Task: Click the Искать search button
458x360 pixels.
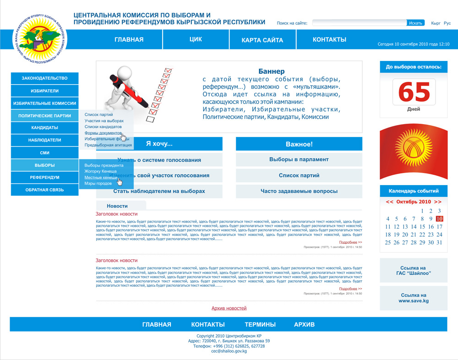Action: click(x=415, y=23)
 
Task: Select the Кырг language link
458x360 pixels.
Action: click(x=436, y=23)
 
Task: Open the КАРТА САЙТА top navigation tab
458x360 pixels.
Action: click(x=262, y=40)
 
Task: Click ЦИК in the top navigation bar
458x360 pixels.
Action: click(x=196, y=39)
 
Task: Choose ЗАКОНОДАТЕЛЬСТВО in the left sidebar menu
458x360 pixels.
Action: click(x=44, y=78)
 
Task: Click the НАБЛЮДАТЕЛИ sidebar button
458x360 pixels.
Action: click(x=44, y=140)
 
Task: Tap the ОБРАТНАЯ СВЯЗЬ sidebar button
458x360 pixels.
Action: click(x=44, y=190)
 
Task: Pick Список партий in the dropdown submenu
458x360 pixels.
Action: click(x=98, y=115)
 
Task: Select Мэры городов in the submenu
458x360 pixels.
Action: click(x=98, y=183)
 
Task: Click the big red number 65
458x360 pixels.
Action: click(x=414, y=93)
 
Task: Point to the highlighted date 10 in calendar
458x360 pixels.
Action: click(x=439, y=219)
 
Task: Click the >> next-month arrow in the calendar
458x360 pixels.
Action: click(x=437, y=202)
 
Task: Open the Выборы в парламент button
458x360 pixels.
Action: click(x=299, y=159)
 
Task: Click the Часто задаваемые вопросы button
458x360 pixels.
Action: click(x=299, y=191)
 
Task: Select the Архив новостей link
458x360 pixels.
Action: click(x=229, y=308)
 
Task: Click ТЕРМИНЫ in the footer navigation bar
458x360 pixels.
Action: click(x=260, y=324)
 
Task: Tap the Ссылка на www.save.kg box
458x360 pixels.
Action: click(x=413, y=298)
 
